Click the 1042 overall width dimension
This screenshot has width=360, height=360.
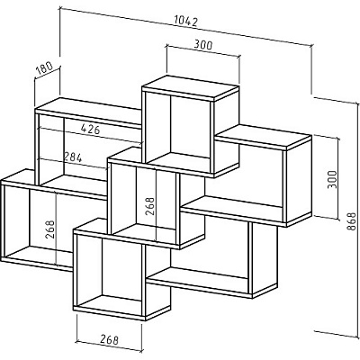[x=185, y=22]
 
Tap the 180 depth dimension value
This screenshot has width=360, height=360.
[x=44, y=68]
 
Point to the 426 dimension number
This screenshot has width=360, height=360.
[x=90, y=130]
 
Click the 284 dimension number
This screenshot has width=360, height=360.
[x=72, y=157]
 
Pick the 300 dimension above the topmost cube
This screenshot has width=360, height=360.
[x=203, y=45]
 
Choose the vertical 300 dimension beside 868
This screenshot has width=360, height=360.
[x=332, y=179]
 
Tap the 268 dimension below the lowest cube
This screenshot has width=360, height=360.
[x=109, y=339]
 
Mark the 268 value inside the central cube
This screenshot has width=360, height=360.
[x=150, y=206]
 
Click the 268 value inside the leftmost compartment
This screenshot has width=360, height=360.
[x=50, y=229]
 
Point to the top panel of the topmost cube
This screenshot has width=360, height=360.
[x=191, y=87]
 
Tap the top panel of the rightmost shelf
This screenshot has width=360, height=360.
[x=263, y=137]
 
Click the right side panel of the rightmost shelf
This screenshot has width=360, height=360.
[x=299, y=181]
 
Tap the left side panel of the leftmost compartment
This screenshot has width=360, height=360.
[x=4, y=221]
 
